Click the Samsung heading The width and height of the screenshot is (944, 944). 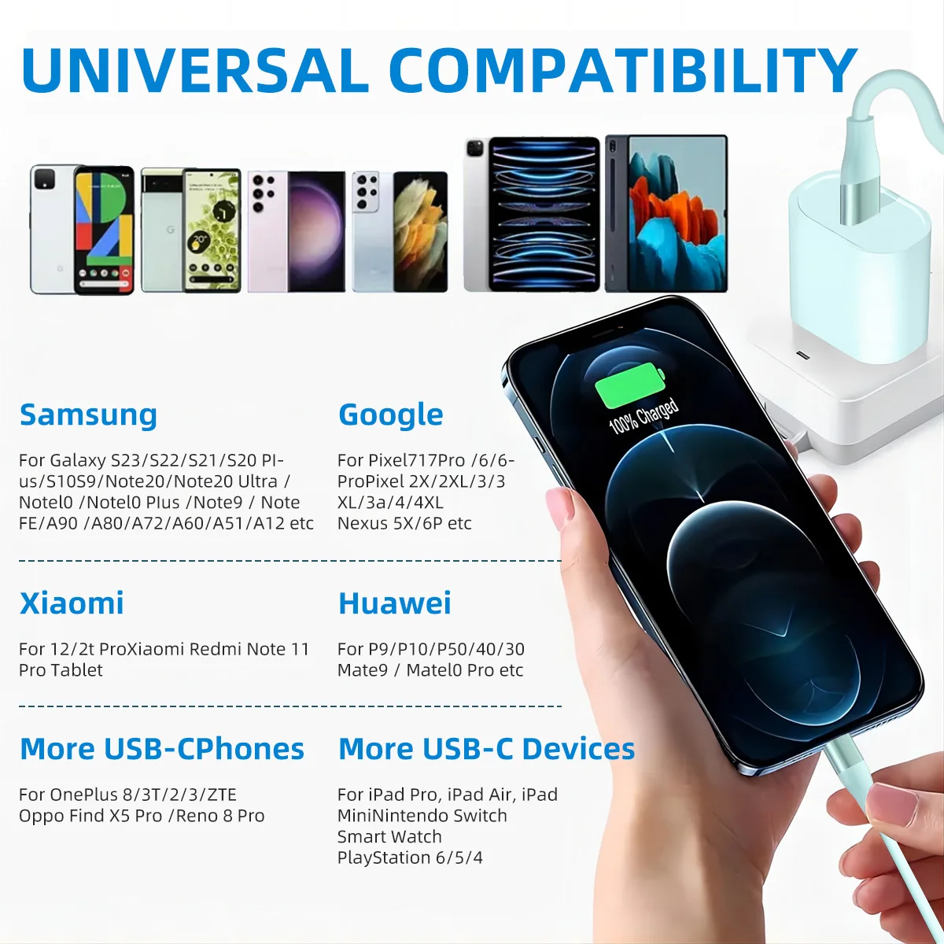tap(88, 415)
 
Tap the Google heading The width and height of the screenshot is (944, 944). tap(390, 415)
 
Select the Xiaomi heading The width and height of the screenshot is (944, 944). tap(72, 603)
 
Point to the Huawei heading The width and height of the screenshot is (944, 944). tap(394, 603)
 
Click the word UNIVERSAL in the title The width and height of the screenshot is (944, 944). tap(195, 72)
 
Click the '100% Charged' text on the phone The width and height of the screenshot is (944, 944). tap(643, 416)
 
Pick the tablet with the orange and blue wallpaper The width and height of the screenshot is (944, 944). tap(666, 213)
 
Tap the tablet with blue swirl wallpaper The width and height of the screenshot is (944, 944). tap(532, 214)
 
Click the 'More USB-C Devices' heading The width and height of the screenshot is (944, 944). tap(486, 749)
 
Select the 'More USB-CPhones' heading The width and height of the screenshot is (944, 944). tap(161, 749)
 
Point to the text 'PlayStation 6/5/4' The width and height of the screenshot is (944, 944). tap(410, 857)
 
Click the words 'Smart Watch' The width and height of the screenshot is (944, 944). tap(389, 836)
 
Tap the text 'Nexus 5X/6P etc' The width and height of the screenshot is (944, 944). tap(404, 523)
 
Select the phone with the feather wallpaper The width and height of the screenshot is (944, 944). tap(400, 231)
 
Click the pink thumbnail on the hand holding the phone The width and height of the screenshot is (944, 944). tap(559, 508)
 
